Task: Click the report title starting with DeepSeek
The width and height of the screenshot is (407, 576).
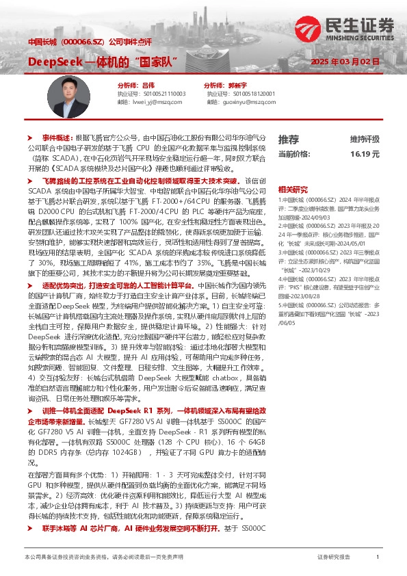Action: click(x=103, y=63)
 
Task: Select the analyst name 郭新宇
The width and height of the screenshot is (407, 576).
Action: click(x=237, y=85)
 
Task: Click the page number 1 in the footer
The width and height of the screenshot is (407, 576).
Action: click(x=378, y=558)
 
